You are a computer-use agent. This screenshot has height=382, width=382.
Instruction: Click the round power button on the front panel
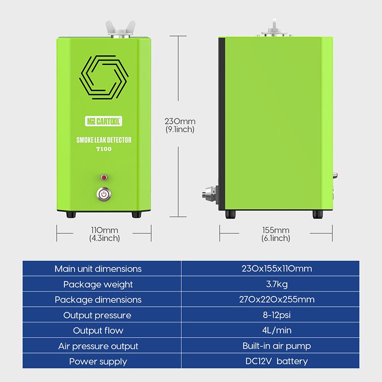click(x=103, y=194)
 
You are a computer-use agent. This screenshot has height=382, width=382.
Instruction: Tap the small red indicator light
click(x=103, y=177)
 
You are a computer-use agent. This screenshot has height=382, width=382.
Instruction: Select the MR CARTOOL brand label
click(x=103, y=121)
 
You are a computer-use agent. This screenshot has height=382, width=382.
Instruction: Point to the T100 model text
click(x=103, y=149)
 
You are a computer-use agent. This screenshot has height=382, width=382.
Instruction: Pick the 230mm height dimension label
click(x=180, y=125)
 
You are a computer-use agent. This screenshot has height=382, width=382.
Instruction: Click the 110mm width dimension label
click(x=104, y=234)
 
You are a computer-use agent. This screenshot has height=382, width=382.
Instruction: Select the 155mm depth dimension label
click(x=276, y=234)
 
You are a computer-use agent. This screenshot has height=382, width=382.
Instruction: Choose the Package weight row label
click(x=98, y=284)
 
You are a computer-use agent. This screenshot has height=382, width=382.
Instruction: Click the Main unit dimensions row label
click(x=98, y=269)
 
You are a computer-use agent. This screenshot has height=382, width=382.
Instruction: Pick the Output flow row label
click(x=98, y=331)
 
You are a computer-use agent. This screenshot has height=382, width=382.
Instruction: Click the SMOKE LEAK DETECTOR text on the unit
click(x=103, y=140)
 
